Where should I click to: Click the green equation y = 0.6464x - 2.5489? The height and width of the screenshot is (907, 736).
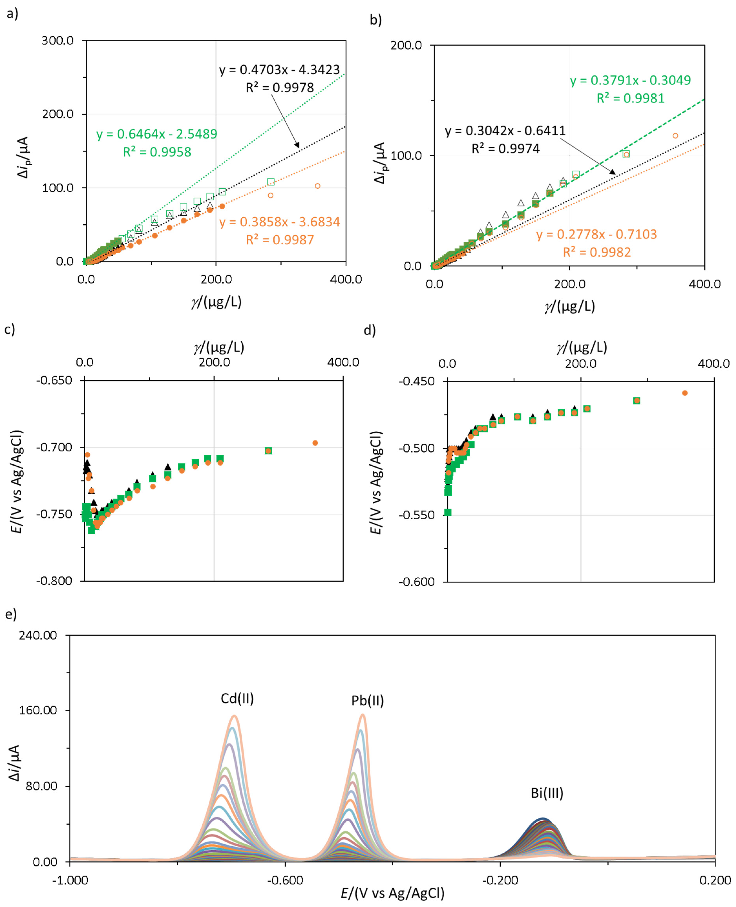click(x=156, y=134)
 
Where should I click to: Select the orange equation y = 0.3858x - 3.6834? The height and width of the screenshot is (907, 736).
click(x=279, y=222)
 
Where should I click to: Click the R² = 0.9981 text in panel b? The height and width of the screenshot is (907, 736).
click(x=630, y=98)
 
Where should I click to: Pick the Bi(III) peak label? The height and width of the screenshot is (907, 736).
click(x=547, y=793)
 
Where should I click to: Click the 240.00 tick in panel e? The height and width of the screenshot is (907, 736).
click(x=38, y=635)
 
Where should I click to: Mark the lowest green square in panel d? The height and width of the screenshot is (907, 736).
click(x=448, y=512)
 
